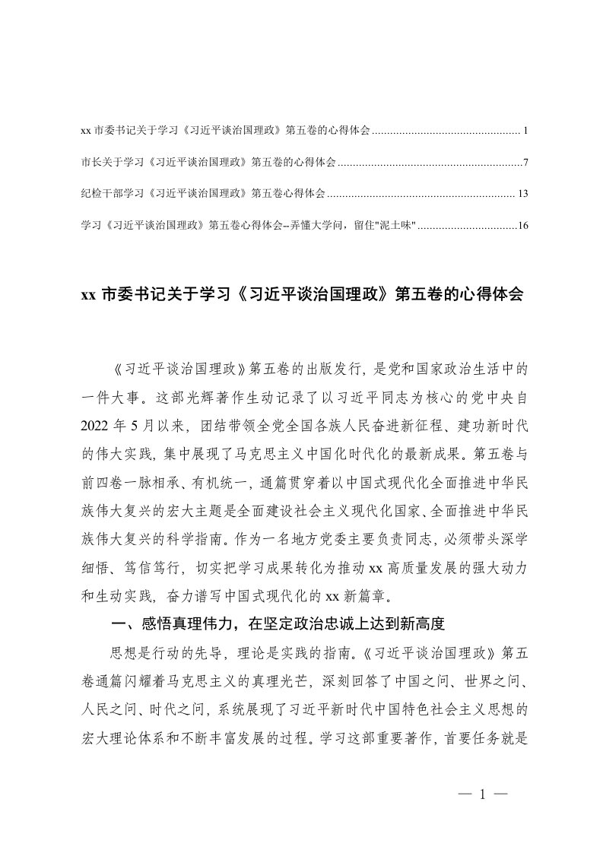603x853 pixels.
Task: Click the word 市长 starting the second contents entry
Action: (x=88, y=163)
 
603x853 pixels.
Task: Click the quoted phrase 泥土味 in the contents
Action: (x=398, y=226)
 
